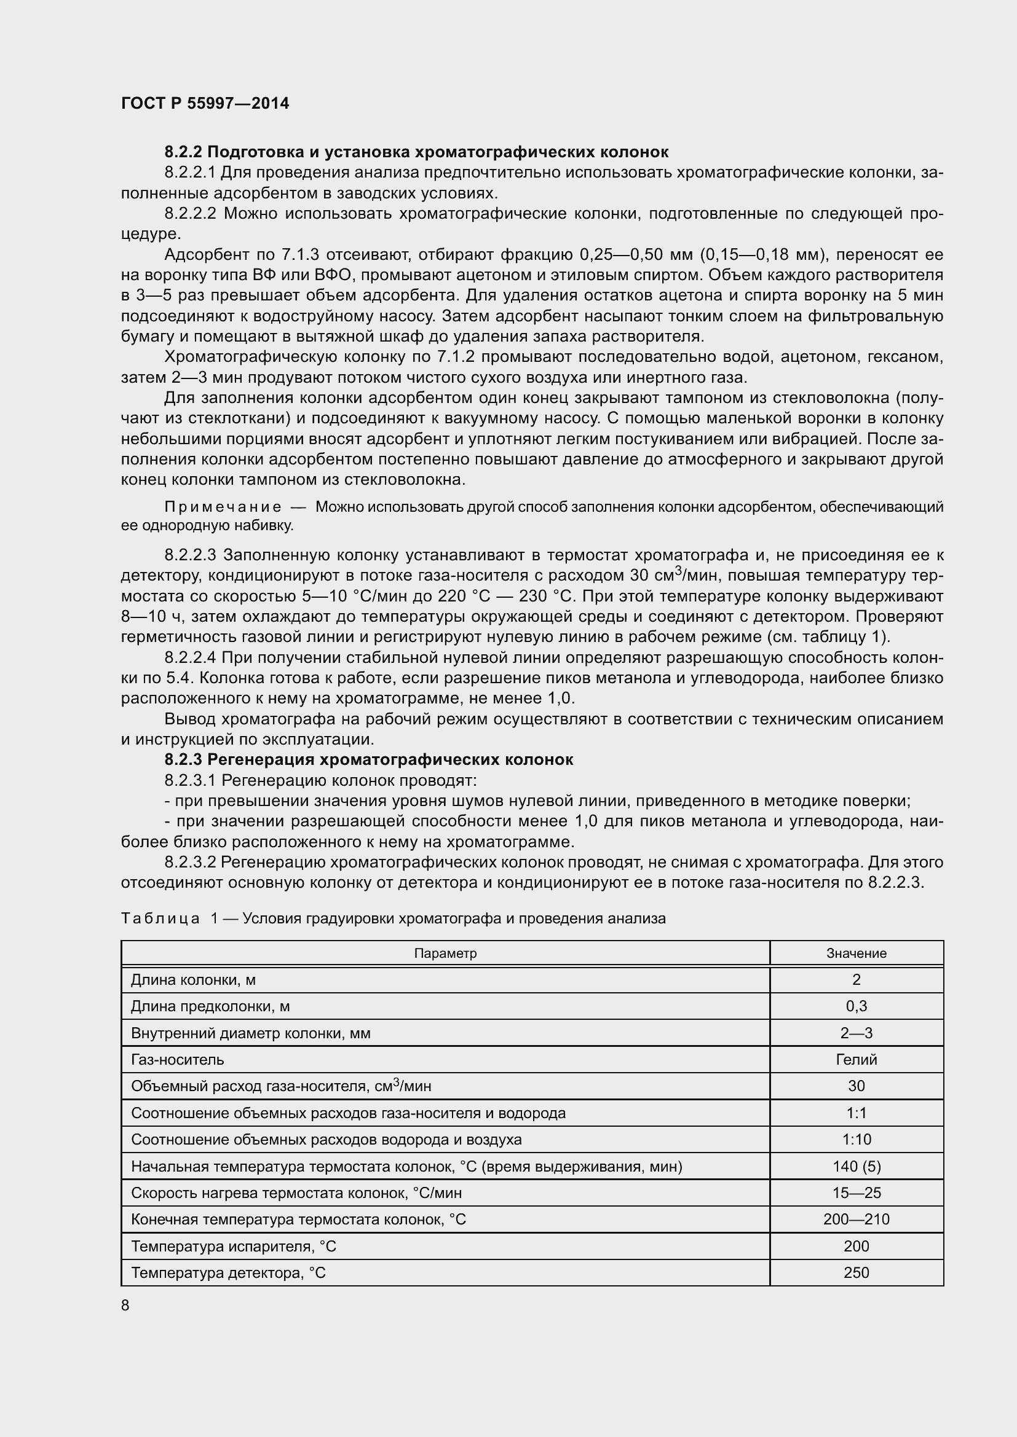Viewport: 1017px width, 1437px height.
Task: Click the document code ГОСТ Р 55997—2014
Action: [x=205, y=104]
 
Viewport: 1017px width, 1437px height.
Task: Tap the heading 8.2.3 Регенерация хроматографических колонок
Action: [x=368, y=760]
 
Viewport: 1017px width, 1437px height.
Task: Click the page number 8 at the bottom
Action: [x=125, y=1306]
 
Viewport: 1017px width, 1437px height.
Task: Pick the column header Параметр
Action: [x=445, y=953]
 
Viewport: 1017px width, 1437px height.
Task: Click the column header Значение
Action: [x=856, y=953]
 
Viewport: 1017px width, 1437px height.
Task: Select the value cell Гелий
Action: [x=856, y=1060]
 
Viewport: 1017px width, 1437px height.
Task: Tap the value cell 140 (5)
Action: [x=856, y=1167]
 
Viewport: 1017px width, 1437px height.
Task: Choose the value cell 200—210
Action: [x=856, y=1219]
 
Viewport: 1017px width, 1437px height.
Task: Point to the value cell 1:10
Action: [x=856, y=1140]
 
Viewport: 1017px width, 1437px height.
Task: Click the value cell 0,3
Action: [x=856, y=1006]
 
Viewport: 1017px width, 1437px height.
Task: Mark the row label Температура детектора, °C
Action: [x=229, y=1273]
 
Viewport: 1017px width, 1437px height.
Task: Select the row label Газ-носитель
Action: [x=177, y=1060]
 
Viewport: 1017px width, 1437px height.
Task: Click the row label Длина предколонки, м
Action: [x=210, y=1006]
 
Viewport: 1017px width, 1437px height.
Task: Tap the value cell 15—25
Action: [x=856, y=1193]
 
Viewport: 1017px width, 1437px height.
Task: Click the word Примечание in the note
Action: [x=223, y=507]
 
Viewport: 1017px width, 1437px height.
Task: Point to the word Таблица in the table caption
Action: [x=160, y=918]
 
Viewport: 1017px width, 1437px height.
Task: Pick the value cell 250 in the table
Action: [x=856, y=1273]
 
